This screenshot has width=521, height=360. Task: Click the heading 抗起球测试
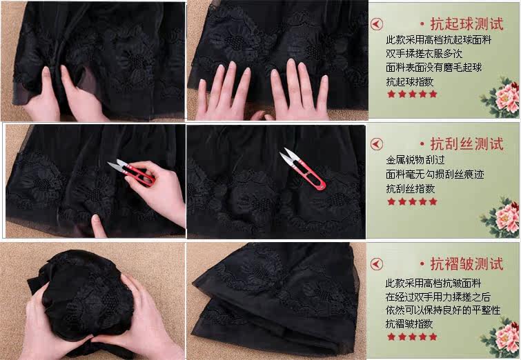467,24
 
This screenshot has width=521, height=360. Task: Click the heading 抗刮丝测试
467,144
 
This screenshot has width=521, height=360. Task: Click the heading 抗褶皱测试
467,264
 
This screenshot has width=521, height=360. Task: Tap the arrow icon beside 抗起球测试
377,24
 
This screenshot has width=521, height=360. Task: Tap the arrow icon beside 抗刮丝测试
377,144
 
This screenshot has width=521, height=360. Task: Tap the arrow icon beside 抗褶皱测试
377,264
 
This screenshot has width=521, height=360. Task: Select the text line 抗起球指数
410,81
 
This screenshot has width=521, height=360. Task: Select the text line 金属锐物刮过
415,160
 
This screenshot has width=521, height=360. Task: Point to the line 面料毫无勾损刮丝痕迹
435,174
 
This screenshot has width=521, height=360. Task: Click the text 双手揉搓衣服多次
424,54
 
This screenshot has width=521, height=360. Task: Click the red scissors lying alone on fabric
302,169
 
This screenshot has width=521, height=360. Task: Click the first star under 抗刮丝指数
391,201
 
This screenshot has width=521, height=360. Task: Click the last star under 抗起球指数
433,94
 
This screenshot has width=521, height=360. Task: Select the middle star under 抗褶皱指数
412,337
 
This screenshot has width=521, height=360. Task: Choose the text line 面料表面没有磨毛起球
433,68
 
